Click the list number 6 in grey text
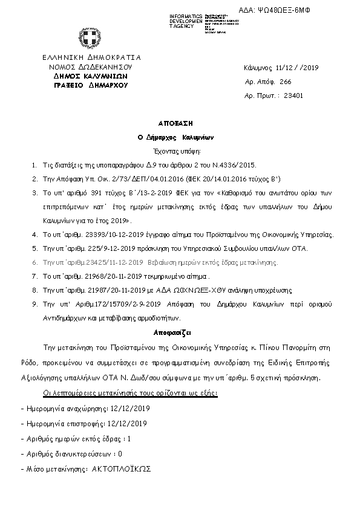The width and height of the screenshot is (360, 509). point(34,263)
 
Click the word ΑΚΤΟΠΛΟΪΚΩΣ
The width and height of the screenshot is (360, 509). point(121,468)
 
